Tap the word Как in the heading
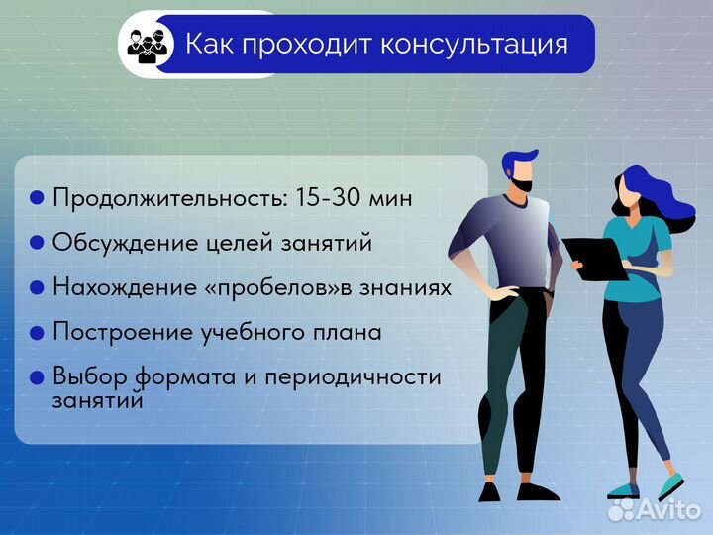pyautogui.click(x=207, y=45)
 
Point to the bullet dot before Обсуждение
pyautogui.click(x=38, y=243)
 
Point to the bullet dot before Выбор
pyautogui.click(x=38, y=377)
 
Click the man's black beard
pyautogui.click(x=523, y=182)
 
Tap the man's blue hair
pyautogui.click(x=519, y=159)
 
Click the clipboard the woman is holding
pyautogui.click(x=593, y=257)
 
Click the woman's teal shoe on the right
pyautogui.click(x=670, y=485)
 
